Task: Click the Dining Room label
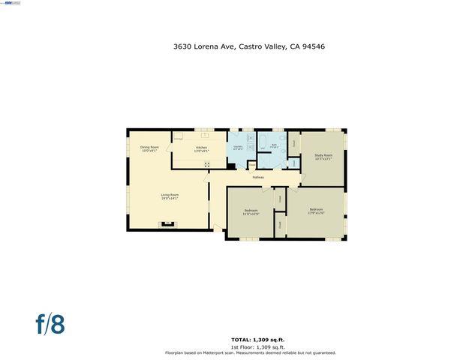point(149,148)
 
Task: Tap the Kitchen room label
point(202,148)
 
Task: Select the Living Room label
point(170,197)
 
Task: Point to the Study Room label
point(323,157)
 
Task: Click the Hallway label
point(258,177)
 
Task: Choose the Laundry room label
point(238,148)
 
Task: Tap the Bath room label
point(275,145)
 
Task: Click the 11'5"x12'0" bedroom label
point(251,211)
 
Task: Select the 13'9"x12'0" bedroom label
point(316,211)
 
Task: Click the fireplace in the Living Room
point(167,224)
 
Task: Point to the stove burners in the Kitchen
point(207,163)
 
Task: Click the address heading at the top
point(248,46)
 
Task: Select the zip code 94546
point(312,46)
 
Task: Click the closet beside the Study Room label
point(294,142)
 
